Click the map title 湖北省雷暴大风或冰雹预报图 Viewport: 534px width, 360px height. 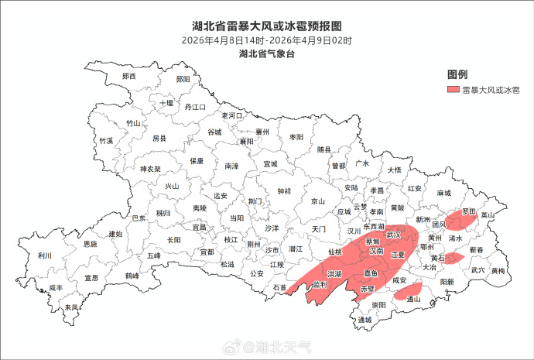pyautogui.click(x=267, y=26)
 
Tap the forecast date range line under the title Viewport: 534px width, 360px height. pyautogui.click(x=267, y=39)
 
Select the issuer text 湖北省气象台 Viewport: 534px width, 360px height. pyautogui.click(x=267, y=53)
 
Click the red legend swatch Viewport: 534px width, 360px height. pyautogui.click(x=454, y=91)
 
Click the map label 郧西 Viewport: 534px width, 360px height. pyautogui.click(x=128, y=77)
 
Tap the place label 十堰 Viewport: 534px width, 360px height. pyautogui.click(x=166, y=102)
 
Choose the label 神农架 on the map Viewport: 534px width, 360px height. pyautogui.click(x=150, y=169)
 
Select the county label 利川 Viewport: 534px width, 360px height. pyautogui.click(x=44, y=255)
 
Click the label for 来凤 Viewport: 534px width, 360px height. pyautogui.click(x=71, y=307)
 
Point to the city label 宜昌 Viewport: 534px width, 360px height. pyautogui.click(x=199, y=228)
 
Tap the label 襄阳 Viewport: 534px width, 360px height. pyautogui.click(x=246, y=142)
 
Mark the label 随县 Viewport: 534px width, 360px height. pyautogui.click(x=323, y=149)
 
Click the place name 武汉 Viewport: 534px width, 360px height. pyautogui.click(x=393, y=235)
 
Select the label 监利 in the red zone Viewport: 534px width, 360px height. pyautogui.click(x=320, y=285)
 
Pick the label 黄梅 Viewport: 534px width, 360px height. pyautogui.click(x=497, y=271)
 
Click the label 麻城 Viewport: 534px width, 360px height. pyautogui.click(x=443, y=193)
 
